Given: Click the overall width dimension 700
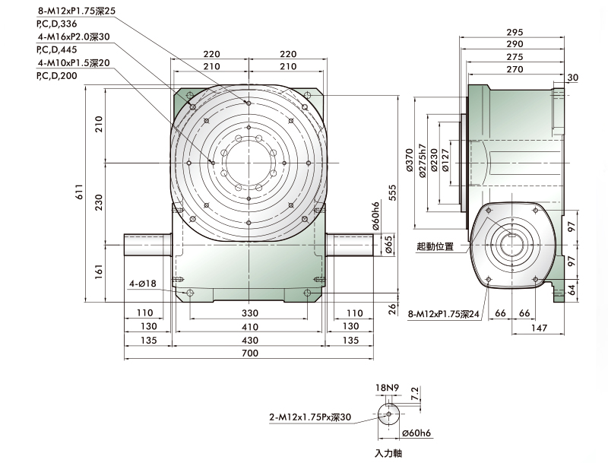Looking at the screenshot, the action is tap(250, 353).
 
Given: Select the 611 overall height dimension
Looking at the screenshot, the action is tap(79, 192).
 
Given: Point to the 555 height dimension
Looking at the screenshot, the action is tap(393, 192).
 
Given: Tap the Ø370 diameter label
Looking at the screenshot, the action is tap(409, 160).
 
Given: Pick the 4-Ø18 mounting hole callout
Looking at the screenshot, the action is tap(143, 284).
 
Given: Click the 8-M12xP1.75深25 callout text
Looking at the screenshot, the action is tap(77, 11).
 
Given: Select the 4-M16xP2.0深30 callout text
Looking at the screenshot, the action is tap(74, 36).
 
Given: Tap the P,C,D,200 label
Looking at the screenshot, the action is tap(57, 75).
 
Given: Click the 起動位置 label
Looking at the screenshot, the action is tap(435, 246).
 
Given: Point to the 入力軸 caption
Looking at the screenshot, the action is tap(388, 453).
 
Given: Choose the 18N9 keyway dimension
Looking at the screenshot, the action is tap(387, 388).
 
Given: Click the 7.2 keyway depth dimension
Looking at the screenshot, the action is tap(414, 393).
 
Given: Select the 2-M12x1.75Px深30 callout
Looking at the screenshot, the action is tap(310, 417).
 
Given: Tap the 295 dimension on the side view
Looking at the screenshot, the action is tap(515, 32).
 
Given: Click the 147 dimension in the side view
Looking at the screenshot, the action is tap(539, 328).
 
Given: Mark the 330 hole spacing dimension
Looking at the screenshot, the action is tap(250, 313).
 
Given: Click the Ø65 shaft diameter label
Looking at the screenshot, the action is tap(388, 245).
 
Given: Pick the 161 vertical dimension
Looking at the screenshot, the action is tap(99, 272).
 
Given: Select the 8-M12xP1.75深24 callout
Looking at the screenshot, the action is tap(444, 314).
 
